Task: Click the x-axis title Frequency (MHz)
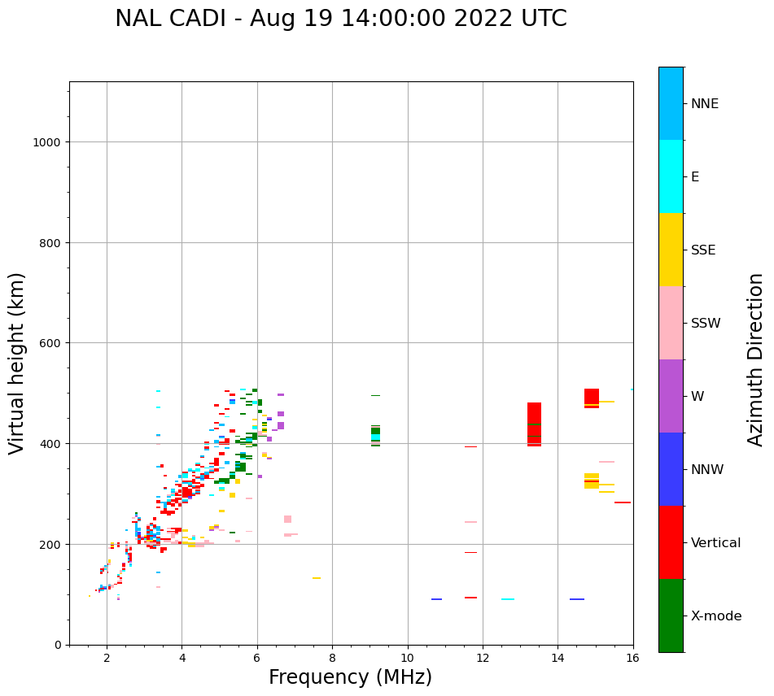tap(350, 677)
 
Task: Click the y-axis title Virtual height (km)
tap(17, 363)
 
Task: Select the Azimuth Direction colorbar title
tap(756, 359)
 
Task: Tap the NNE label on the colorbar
tap(705, 103)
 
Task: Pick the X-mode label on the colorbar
tap(716, 616)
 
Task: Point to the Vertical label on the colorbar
tap(716, 542)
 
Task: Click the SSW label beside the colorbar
tap(706, 323)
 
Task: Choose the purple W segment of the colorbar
tap(671, 396)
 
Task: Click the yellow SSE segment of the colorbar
tap(671, 250)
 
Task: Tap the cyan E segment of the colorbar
tap(671, 176)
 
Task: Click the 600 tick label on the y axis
tap(51, 343)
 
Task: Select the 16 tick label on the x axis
tap(632, 659)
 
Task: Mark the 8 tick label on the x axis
tap(332, 659)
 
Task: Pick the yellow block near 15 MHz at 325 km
tap(592, 481)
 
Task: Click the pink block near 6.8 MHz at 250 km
tap(287, 519)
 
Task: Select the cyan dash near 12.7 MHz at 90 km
tap(507, 599)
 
